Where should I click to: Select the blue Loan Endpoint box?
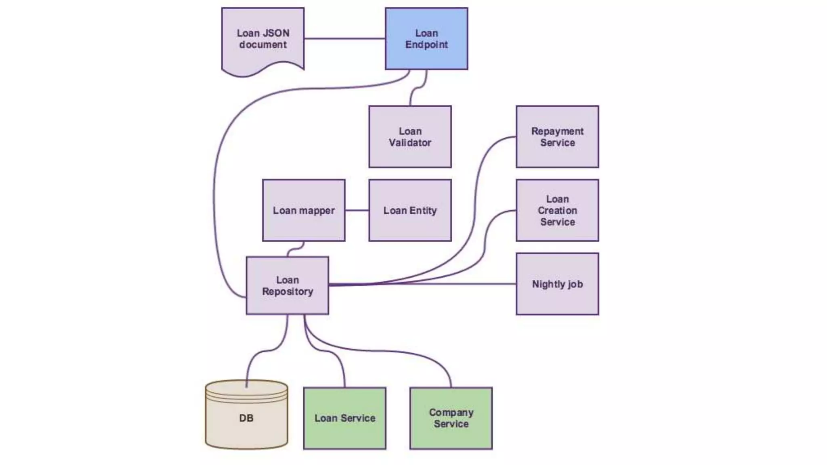[x=426, y=39]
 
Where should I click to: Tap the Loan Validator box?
[x=410, y=137]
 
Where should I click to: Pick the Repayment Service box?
[x=557, y=137]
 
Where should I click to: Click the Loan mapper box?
[x=304, y=210]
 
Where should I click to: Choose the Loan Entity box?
[x=410, y=210]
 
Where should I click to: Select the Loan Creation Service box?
[x=557, y=210]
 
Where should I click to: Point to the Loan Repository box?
[x=288, y=285]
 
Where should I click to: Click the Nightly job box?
[x=557, y=284]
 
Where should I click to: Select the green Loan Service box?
[x=345, y=418]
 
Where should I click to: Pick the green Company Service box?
[x=451, y=418]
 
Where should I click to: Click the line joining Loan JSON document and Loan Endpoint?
[x=344, y=39]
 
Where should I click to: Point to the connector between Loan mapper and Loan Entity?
[x=357, y=210]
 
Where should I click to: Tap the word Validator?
[x=410, y=142]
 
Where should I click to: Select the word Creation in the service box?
[x=557, y=210]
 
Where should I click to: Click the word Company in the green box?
[x=451, y=413]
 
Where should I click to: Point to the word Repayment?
[x=557, y=131]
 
